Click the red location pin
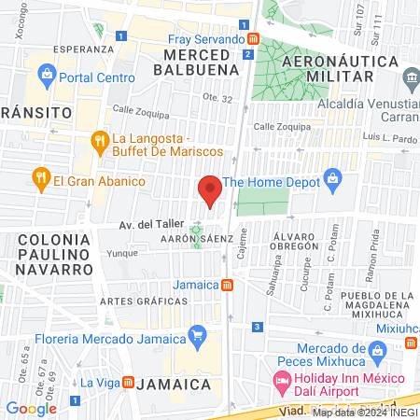[210, 189]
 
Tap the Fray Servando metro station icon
[253, 39]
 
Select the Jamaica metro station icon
[227, 284]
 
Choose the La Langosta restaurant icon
[100, 142]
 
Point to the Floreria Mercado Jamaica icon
[197, 333]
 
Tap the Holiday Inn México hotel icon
[282, 381]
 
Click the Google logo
[31, 408]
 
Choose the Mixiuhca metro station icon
[411, 343]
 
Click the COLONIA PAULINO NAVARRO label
[53, 254]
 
